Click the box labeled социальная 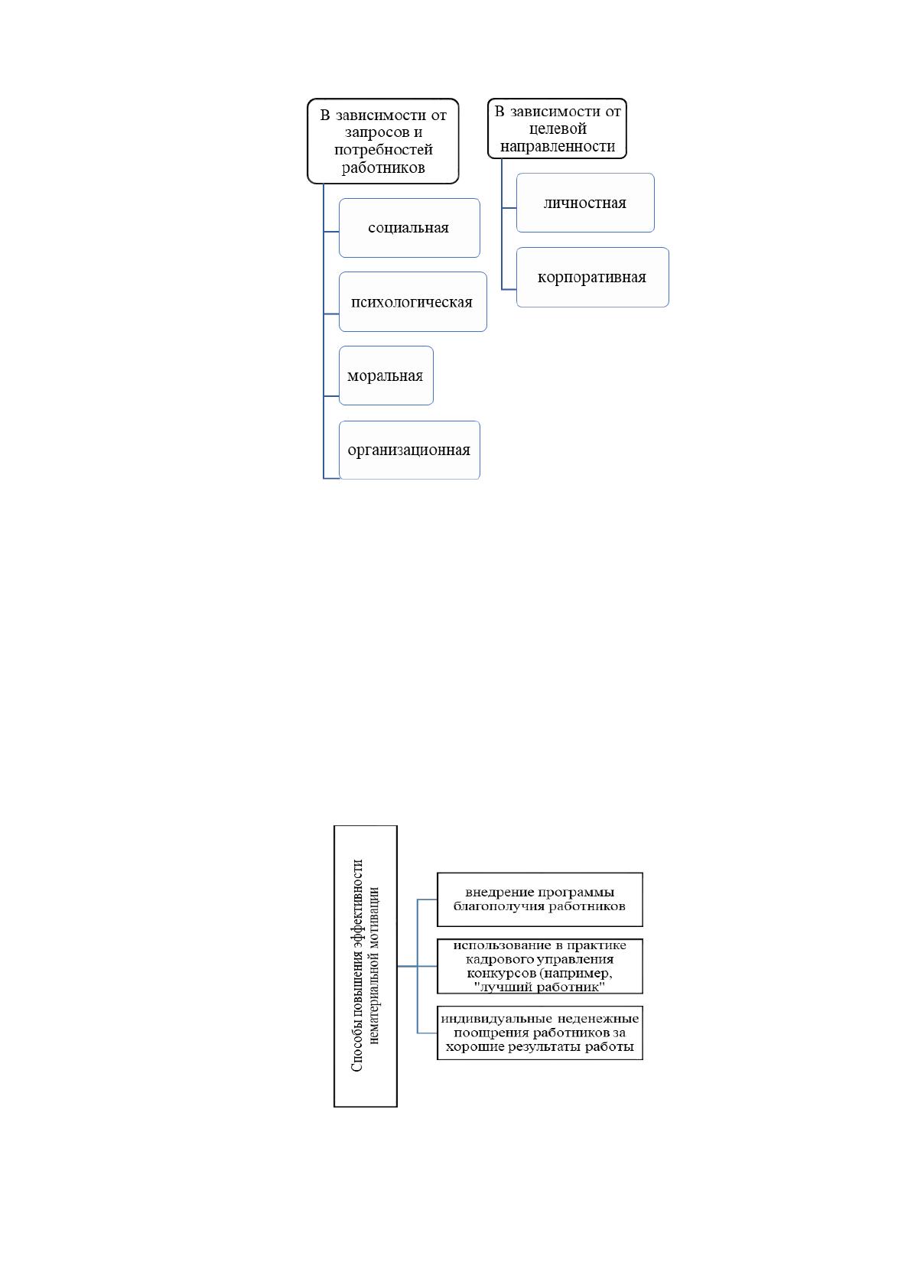(x=409, y=228)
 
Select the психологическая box (x=412, y=302)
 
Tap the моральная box (x=386, y=376)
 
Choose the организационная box (x=409, y=450)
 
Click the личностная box (x=585, y=203)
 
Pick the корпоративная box (x=592, y=277)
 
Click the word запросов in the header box (x=376, y=133)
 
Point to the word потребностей (x=383, y=150)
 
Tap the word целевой (x=558, y=128)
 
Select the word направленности (x=558, y=147)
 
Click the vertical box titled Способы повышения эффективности (x=365, y=966)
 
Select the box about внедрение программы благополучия (x=539, y=899)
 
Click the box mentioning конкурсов (x=539, y=966)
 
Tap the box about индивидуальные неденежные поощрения (x=539, y=1033)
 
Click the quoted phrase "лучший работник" (x=539, y=987)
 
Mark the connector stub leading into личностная (x=509, y=207)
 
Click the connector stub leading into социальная (x=331, y=232)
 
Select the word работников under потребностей (x=383, y=168)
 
